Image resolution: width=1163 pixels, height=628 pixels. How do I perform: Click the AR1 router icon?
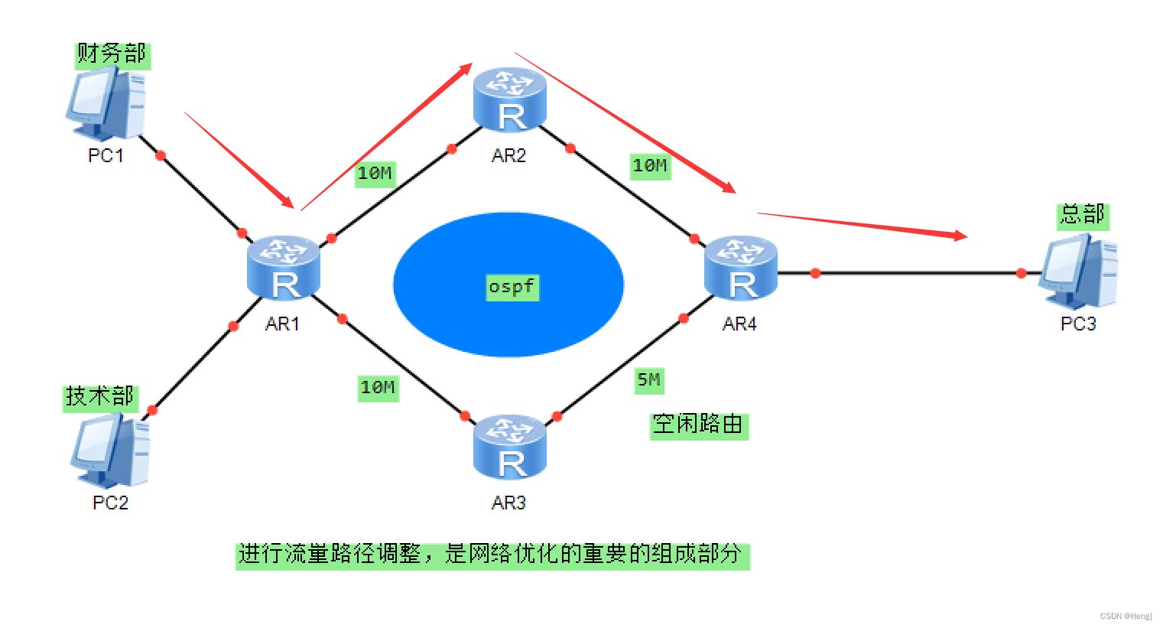point(284,268)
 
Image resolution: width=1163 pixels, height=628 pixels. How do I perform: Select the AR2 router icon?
point(509,99)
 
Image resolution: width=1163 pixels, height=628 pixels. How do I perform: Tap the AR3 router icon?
point(509,447)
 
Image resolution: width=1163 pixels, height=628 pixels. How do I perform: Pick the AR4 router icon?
point(740,268)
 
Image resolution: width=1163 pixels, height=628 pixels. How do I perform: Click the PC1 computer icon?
point(106,103)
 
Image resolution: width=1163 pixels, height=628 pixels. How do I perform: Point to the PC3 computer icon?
point(1077,272)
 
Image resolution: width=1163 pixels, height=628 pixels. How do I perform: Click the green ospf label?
point(512,287)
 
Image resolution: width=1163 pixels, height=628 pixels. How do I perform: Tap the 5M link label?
point(649,380)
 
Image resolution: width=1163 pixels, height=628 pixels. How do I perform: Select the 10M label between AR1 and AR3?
point(378,388)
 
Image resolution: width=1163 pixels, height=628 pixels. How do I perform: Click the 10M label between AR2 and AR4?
point(650,165)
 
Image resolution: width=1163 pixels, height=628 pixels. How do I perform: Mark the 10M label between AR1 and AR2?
point(375,174)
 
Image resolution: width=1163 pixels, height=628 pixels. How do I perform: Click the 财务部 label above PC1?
point(112,54)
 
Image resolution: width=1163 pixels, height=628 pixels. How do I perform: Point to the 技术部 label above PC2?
point(100,397)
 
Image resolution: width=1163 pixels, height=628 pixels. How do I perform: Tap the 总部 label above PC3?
point(1082,215)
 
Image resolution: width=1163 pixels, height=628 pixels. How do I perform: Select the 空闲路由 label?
point(699,425)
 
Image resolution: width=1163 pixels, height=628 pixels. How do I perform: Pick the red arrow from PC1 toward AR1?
point(239,160)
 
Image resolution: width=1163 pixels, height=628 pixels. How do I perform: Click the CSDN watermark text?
point(1125,616)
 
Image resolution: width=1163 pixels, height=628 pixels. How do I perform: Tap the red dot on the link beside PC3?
point(1021,273)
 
